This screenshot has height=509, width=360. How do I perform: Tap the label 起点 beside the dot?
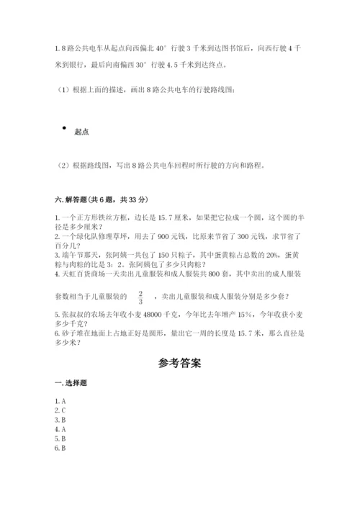(81, 132)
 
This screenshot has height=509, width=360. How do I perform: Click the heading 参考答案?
(180, 363)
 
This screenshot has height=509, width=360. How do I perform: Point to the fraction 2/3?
(140, 297)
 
